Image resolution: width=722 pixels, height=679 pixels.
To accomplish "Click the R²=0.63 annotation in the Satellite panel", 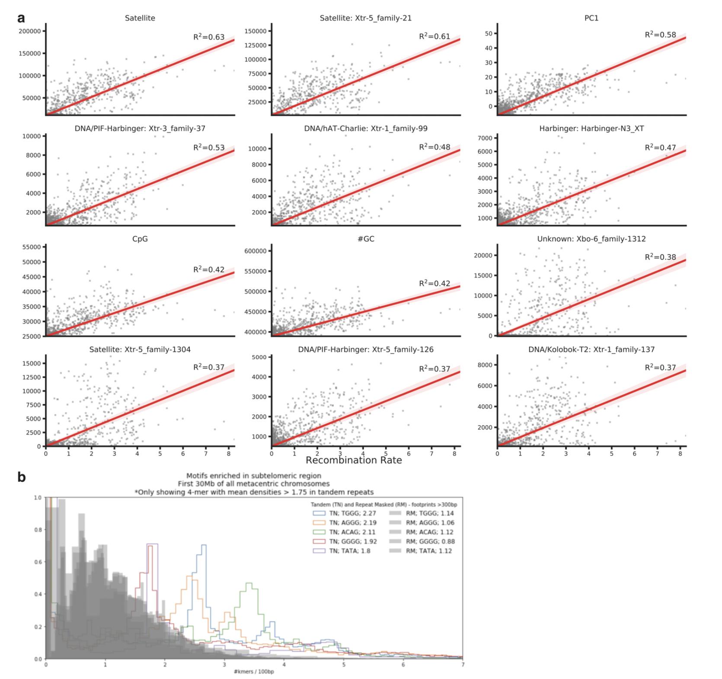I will click(x=209, y=37).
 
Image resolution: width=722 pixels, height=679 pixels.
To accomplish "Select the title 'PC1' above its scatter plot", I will click(x=591, y=18).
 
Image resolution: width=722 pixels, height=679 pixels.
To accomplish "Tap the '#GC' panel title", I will click(x=366, y=239).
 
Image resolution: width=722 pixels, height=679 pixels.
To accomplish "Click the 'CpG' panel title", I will click(x=140, y=239).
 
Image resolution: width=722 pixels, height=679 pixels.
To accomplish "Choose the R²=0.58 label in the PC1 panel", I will click(x=660, y=35).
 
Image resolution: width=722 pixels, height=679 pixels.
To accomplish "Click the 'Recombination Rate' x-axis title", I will click(x=354, y=460).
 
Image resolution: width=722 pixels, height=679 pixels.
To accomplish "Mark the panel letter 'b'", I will click(x=21, y=477).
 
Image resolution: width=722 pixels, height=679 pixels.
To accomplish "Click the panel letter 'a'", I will click(x=21, y=18).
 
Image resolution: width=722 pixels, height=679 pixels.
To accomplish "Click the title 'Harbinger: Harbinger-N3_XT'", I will click(x=591, y=128).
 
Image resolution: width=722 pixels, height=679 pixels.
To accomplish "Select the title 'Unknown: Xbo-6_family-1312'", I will click(x=591, y=239).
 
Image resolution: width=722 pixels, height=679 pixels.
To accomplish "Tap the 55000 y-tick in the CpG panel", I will click(x=31, y=247).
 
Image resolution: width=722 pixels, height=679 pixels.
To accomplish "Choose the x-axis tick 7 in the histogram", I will click(x=463, y=665).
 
